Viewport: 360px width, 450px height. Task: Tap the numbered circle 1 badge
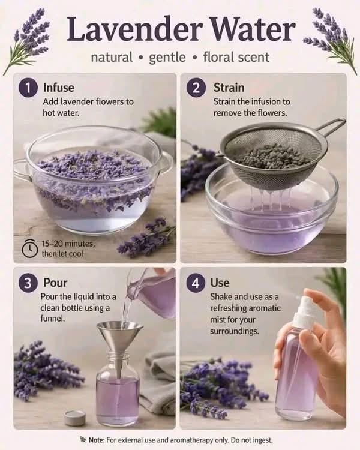pyautogui.click(x=28, y=88)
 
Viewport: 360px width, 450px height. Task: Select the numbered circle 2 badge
pyautogui.click(x=196, y=88)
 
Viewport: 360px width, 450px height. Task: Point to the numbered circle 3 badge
pyautogui.click(x=28, y=283)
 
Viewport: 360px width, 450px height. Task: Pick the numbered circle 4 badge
pyautogui.click(x=196, y=283)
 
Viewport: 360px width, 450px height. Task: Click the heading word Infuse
pyautogui.click(x=59, y=88)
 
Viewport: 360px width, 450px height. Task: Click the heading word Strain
pyautogui.click(x=229, y=88)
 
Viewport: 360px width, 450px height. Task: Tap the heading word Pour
pyautogui.click(x=55, y=283)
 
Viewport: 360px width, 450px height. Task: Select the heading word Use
pyautogui.click(x=220, y=283)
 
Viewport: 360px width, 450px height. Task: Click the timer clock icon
pyautogui.click(x=30, y=248)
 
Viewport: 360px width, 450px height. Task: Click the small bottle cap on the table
pyautogui.click(x=75, y=418)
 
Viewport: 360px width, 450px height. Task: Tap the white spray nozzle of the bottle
pyautogui.click(x=305, y=311)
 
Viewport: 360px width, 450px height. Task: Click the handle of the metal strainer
pyautogui.click(x=330, y=128)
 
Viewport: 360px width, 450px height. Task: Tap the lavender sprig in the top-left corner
pyautogui.click(x=28, y=40)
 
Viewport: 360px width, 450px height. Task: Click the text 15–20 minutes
pyautogui.click(x=68, y=244)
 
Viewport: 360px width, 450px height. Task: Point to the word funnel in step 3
pyautogui.click(x=52, y=319)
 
